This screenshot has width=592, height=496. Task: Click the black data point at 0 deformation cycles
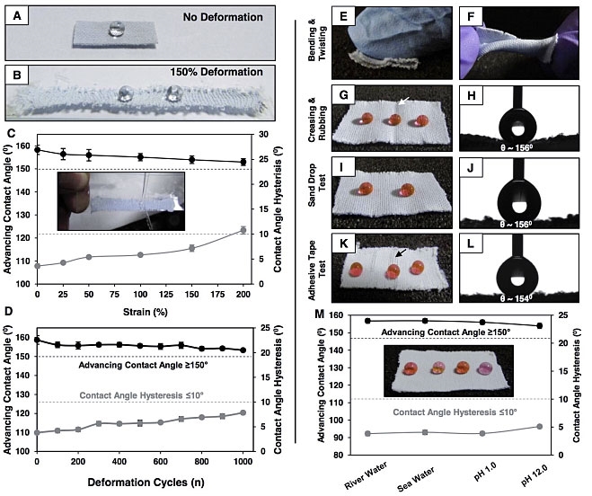[37, 340]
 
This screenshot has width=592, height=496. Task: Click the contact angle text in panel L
[519, 283]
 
